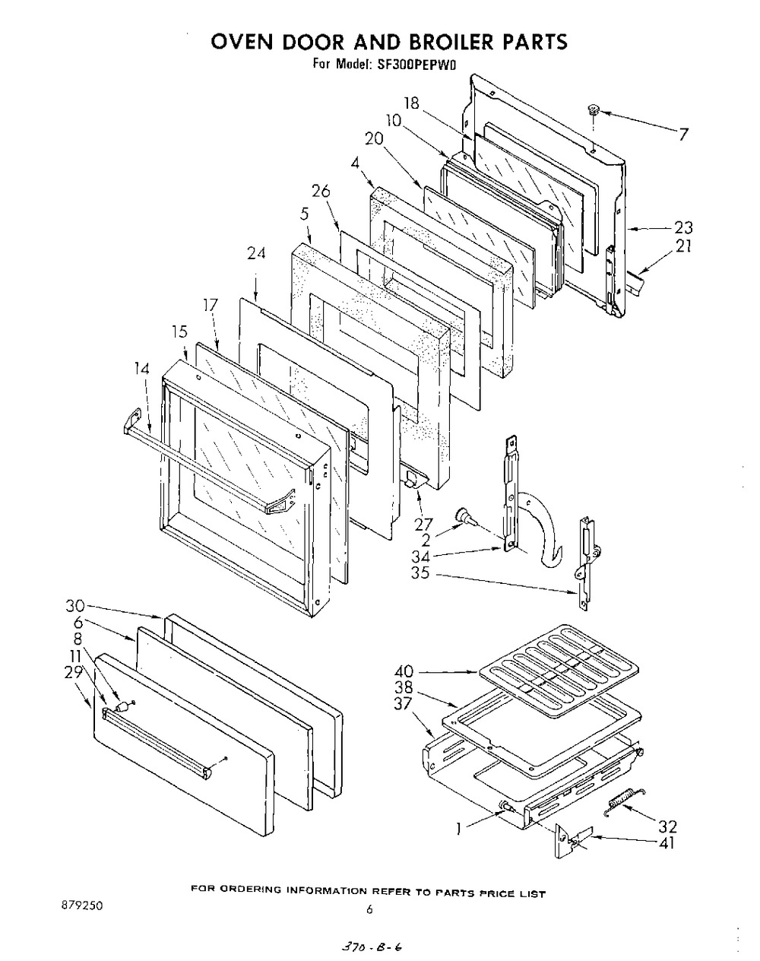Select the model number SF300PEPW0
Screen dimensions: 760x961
(416, 65)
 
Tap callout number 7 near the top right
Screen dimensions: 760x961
(683, 134)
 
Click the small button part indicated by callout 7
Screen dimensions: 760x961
(594, 109)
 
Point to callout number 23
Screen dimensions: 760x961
(682, 228)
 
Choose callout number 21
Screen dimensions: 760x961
(683, 246)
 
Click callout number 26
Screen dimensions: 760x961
(321, 191)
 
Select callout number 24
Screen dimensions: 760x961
(256, 254)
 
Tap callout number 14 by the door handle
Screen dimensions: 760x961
(141, 369)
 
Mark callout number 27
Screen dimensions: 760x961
(423, 524)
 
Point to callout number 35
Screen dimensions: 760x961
(420, 572)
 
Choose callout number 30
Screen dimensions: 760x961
(75, 606)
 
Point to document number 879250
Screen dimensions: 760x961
(82, 905)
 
